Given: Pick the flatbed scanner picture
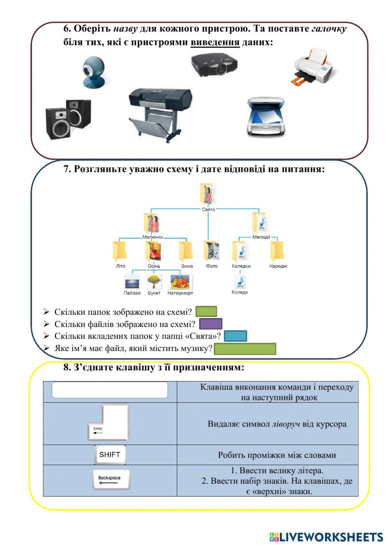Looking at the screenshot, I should [x=266, y=117].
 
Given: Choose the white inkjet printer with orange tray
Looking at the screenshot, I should [x=313, y=66].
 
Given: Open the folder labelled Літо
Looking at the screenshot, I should [x=120, y=251].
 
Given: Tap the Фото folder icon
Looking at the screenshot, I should [x=212, y=251].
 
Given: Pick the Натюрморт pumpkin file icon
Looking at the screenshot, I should [x=180, y=282].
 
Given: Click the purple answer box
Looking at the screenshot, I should [x=210, y=324].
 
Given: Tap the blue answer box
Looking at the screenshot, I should [x=235, y=336].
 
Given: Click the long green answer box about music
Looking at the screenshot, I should [x=245, y=349].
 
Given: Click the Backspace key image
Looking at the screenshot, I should [x=111, y=480].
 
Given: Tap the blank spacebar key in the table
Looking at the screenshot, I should [x=110, y=390].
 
